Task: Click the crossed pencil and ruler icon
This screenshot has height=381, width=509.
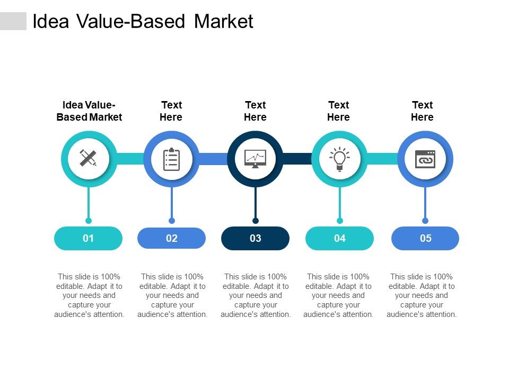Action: pos(88,158)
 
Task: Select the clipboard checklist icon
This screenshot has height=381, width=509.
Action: pos(171,159)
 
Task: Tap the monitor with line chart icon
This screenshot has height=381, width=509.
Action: pos(255,159)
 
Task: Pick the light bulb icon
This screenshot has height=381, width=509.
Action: pos(339,159)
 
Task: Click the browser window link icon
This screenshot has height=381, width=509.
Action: pos(425,159)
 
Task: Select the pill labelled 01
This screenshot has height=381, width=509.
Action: pos(88,238)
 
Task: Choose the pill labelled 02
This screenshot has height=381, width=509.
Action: pos(171,238)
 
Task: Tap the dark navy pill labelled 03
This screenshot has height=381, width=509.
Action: pos(255,238)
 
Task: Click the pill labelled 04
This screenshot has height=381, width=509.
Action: pos(339,238)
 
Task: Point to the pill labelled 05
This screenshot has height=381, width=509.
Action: pos(425,238)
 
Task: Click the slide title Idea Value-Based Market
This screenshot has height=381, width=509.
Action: pos(143,21)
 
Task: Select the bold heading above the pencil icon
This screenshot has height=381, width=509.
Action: pos(89,111)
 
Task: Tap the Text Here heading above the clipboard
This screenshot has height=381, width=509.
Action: pos(171,111)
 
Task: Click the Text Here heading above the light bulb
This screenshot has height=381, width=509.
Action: pos(339,111)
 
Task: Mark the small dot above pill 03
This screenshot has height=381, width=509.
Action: pos(256,221)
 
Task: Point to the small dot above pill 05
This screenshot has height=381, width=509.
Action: pos(425,221)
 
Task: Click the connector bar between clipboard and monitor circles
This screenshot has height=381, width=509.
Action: pos(213,159)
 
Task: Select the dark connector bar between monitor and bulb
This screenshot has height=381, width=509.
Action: pos(297,159)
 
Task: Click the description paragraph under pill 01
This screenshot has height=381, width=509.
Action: pos(89,295)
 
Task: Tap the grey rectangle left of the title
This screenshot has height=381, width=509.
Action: pos(13,21)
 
